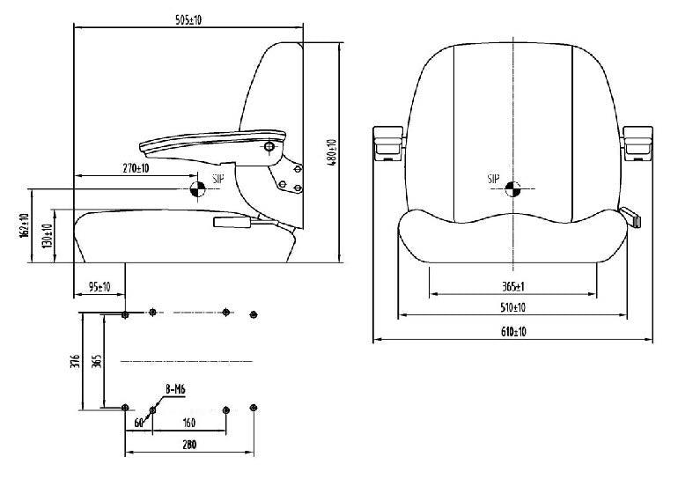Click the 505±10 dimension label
coord(188,20)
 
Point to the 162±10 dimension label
coord(25,229)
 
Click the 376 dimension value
coord(77,361)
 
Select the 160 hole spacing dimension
coord(188,424)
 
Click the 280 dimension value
coord(190,446)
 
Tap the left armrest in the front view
coord(387,143)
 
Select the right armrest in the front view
coord(637,143)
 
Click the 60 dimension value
coord(139,424)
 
